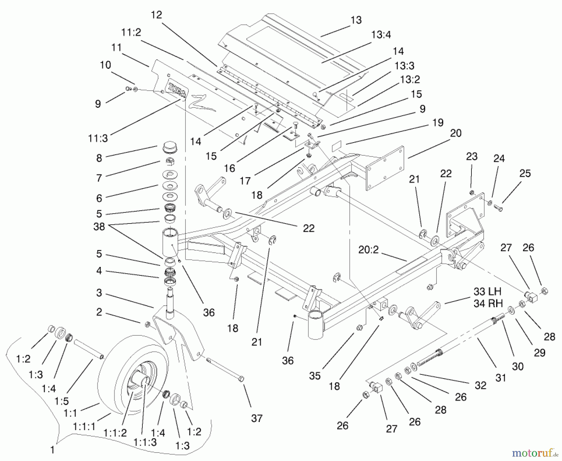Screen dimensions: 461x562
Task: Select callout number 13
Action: (x=356, y=20)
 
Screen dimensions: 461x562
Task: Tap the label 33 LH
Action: (x=487, y=292)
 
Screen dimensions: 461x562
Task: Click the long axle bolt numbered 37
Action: (x=225, y=369)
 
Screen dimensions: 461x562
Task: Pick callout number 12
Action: (x=156, y=15)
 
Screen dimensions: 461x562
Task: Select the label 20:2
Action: (x=368, y=250)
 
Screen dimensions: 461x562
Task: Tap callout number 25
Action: (x=525, y=173)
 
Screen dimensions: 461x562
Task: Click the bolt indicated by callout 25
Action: (x=498, y=208)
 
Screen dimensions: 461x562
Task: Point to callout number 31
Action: (x=500, y=378)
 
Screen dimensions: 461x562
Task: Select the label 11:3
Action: (x=98, y=138)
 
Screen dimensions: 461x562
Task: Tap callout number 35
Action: (x=315, y=375)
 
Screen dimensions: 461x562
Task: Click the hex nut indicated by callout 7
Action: (x=170, y=162)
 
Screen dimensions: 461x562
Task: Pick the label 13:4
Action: (x=381, y=35)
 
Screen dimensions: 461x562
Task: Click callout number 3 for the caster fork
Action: (x=99, y=293)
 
